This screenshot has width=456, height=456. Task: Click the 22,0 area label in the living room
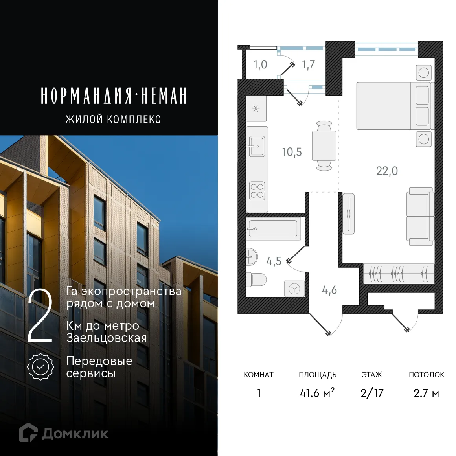387,171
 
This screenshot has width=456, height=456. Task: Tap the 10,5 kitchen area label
292,152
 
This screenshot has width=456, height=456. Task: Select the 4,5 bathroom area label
274,261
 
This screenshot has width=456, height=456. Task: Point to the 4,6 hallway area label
329,290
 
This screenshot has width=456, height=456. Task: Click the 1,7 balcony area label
308,64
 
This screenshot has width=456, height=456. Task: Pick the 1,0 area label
260,64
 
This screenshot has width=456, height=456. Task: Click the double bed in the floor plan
393,106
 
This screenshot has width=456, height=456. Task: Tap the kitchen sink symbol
257,146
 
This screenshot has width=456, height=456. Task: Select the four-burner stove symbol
257,191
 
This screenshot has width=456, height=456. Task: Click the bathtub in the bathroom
272,228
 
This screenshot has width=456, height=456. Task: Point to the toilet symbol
256,279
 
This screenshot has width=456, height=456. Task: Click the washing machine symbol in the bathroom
294,289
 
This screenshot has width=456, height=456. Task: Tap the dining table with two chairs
324,145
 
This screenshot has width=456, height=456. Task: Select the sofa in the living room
420,216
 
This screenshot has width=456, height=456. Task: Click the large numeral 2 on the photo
40,316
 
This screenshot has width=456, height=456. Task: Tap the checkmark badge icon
40,367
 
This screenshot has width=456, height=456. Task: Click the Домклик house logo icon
28,432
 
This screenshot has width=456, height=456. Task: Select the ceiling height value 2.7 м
426,393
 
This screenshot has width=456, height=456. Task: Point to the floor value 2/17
371,393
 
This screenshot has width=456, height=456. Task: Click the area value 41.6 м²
317,393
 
